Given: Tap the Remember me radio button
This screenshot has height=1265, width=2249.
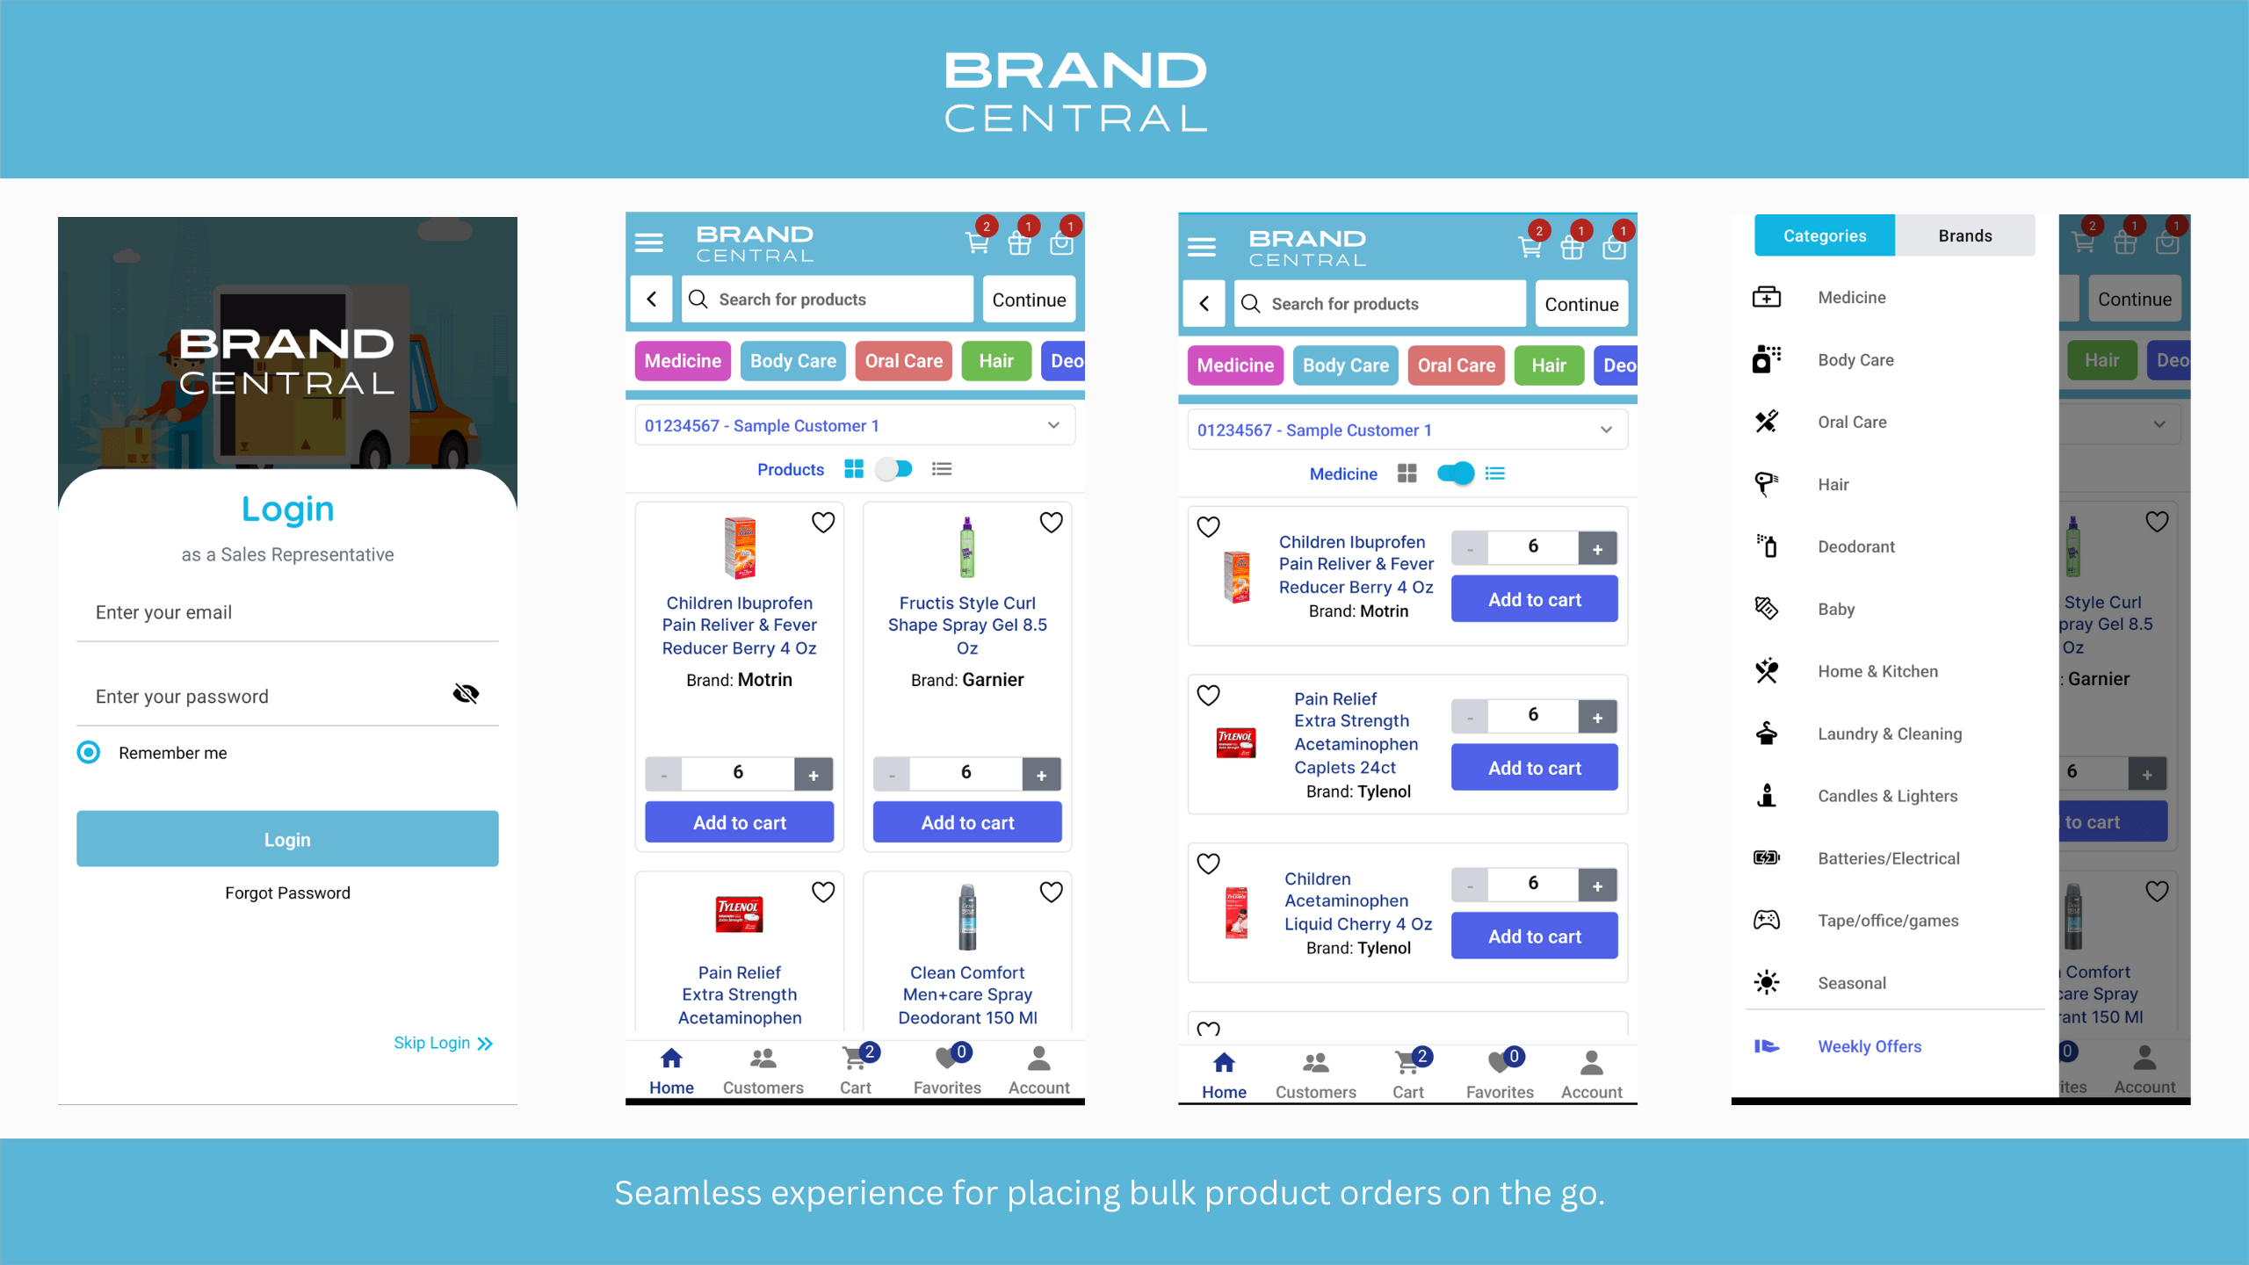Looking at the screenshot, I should click(89, 752).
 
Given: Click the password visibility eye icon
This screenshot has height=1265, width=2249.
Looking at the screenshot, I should click(466, 694).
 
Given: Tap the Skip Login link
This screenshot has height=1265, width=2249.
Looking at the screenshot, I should click(443, 1043).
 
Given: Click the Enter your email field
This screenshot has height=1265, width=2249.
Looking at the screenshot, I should click(287, 612).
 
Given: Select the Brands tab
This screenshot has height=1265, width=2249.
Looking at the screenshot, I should click(1964, 235).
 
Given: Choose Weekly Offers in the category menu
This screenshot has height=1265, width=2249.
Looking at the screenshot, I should click(1869, 1046).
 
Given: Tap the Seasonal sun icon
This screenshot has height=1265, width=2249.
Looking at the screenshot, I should click(1766, 982).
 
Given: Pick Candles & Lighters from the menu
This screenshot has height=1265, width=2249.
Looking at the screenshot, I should click(1887, 796).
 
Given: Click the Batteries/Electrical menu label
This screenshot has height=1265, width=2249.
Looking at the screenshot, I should click(1888, 858).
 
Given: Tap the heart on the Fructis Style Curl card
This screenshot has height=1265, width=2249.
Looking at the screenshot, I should click(1051, 523).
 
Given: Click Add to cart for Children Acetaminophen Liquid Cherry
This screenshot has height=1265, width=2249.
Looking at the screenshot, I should click(1534, 936).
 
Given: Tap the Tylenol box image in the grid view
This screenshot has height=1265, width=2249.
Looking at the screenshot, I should click(739, 914).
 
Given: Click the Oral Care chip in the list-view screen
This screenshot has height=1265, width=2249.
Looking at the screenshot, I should click(1456, 365).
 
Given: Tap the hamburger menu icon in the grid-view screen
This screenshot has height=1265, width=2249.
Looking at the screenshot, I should click(649, 242).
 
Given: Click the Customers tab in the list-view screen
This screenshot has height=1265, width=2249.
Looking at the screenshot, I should click(1315, 1074).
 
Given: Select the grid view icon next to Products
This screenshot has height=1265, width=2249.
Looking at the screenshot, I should click(853, 469).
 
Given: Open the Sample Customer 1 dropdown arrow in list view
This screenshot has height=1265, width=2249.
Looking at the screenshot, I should click(1606, 430).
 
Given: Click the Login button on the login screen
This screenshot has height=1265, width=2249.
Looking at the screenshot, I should click(287, 839).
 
